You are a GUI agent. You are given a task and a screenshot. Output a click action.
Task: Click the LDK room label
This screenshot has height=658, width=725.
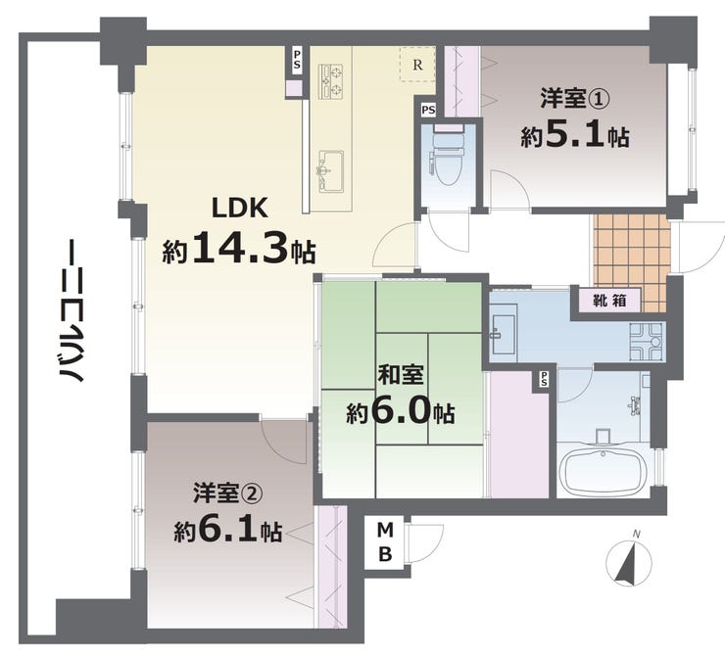[x=239, y=208]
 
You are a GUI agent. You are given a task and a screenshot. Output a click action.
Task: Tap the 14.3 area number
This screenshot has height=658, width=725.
[x=240, y=247]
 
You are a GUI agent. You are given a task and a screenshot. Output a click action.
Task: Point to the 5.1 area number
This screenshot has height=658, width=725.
[x=575, y=134]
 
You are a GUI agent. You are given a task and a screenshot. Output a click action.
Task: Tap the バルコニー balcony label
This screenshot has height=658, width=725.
[x=71, y=310]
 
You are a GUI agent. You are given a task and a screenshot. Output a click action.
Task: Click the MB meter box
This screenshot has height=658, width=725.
[x=385, y=541]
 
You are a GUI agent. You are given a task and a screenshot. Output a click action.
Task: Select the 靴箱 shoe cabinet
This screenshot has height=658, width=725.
[x=609, y=301]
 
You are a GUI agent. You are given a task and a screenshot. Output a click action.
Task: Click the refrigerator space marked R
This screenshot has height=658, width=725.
[x=417, y=65]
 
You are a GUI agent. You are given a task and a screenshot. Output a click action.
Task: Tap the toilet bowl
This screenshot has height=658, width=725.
[x=448, y=160]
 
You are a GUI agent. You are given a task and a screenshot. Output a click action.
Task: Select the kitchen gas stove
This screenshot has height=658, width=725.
[x=330, y=82]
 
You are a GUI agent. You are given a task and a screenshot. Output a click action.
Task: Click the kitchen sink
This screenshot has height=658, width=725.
[x=329, y=171]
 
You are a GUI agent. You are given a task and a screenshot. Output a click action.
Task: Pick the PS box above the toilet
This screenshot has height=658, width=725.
[x=428, y=110]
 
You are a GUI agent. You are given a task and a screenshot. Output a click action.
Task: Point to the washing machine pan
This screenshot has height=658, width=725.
[x=647, y=342]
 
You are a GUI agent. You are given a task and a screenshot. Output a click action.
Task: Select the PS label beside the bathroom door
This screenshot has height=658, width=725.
[x=544, y=379]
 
